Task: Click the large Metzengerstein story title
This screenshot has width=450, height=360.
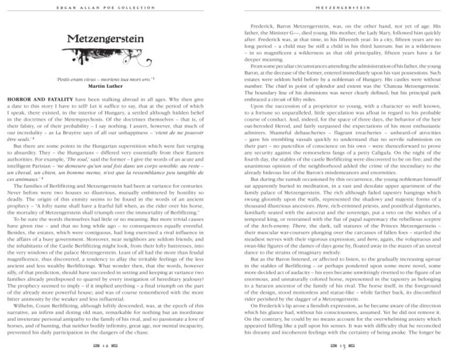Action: tap(105, 39)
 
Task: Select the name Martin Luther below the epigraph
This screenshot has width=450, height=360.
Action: tap(105, 86)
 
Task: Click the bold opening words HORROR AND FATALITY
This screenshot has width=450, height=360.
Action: tap(40, 99)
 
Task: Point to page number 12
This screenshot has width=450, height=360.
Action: tap(105, 345)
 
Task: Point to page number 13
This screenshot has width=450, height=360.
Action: tap(343, 346)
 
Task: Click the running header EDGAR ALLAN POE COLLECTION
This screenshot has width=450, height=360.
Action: tap(105, 7)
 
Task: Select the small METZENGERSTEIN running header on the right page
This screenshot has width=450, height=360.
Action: tap(343, 7)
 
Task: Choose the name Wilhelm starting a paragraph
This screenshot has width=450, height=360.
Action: tap(21, 306)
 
